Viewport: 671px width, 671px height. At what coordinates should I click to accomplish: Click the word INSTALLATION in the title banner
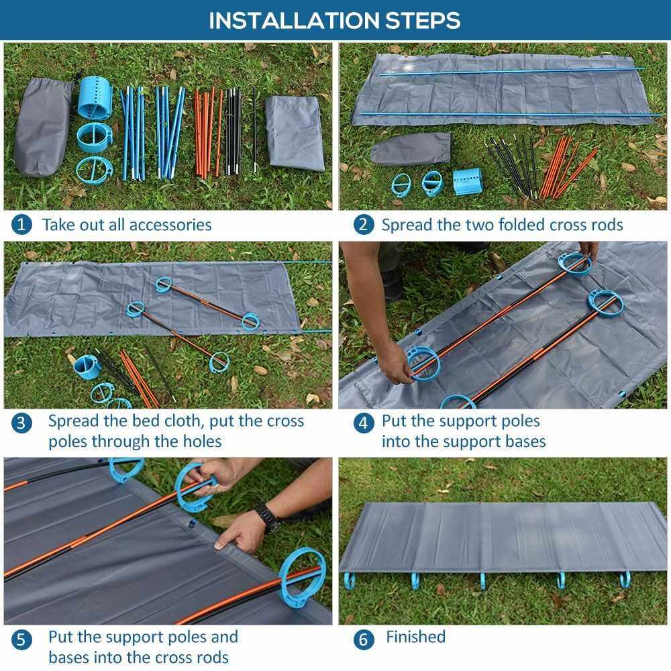coord(294,20)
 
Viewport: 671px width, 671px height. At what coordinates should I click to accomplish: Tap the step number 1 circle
coord(21,224)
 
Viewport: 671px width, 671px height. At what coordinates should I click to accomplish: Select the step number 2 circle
coord(363,224)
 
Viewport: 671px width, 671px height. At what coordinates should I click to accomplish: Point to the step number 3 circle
coord(21,423)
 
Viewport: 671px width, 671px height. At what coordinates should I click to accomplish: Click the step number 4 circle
coord(363,423)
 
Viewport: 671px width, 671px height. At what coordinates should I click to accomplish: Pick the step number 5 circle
coord(21,640)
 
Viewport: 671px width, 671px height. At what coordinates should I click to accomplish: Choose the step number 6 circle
coord(363,639)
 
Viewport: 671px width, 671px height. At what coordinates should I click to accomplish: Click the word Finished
coord(415,637)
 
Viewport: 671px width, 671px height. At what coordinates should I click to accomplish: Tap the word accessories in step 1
coord(170,225)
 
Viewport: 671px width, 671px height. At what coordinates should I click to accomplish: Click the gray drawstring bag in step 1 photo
coord(43,127)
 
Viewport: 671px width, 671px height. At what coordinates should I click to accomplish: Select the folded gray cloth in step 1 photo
coord(295,133)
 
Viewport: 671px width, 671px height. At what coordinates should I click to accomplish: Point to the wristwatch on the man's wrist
coord(267,517)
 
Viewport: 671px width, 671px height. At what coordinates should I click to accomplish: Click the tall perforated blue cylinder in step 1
coord(95,97)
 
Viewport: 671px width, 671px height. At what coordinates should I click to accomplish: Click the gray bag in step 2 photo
coord(411,148)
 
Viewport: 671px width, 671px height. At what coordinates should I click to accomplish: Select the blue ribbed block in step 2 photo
coord(468,181)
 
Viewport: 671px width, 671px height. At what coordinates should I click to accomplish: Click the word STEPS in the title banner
coord(423,20)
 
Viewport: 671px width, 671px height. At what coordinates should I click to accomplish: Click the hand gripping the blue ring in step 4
coord(394,362)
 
